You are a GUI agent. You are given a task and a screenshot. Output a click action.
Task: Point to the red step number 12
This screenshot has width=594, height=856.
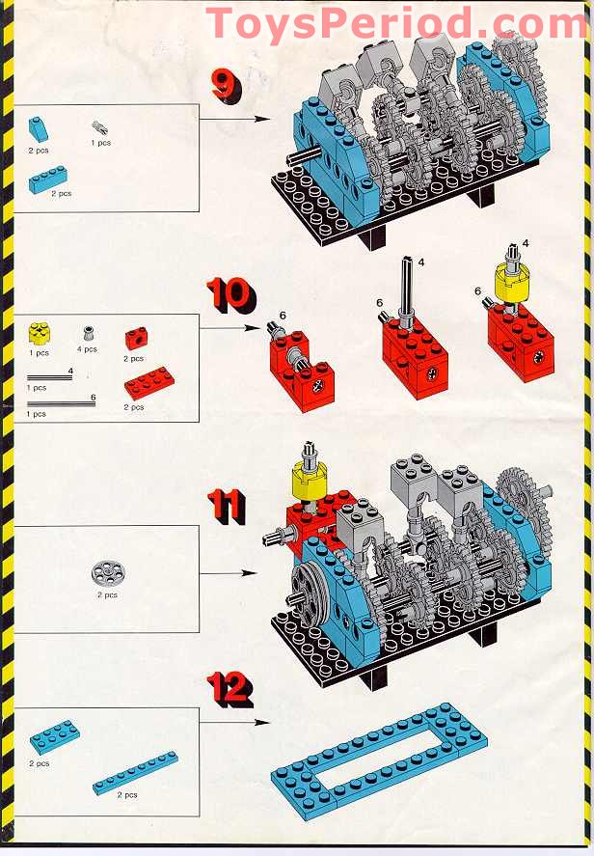[229, 688]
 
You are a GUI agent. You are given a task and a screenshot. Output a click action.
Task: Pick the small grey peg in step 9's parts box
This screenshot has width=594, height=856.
[98, 125]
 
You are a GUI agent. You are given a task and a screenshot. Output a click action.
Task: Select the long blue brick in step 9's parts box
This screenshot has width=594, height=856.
[48, 179]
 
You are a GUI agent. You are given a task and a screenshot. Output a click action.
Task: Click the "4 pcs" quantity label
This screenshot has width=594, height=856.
[89, 349]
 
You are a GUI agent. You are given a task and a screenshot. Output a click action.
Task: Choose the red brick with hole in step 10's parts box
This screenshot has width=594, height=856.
[136, 339]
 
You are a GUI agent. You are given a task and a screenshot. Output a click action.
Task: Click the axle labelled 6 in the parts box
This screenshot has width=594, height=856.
[61, 403]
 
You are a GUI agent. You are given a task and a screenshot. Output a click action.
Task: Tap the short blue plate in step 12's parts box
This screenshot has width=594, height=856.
[54, 738]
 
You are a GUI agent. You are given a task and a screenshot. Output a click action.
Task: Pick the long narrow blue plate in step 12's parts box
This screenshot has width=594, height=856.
[135, 772]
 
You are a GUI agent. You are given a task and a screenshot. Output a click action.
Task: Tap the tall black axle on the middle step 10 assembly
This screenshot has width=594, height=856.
[408, 290]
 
